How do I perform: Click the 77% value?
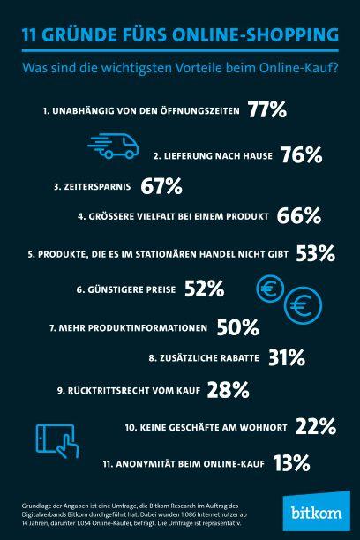click(x=267, y=110)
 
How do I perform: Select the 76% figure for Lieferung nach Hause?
click(x=301, y=155)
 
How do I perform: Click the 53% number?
click(x=317, y=254)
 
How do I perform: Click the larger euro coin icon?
click(x=306, y=306)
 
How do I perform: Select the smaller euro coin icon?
click(x=269, y=288)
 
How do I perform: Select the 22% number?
click(x=316, y=426)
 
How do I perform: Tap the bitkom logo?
click(x=318, y=513)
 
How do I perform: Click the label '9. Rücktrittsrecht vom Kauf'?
click(x=127, y=390)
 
